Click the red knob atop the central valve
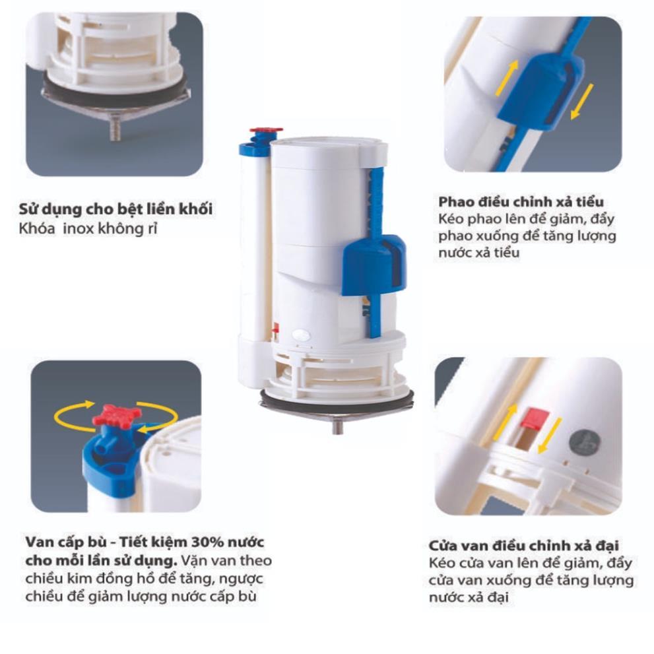click(x=266, y=132)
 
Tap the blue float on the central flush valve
click(x=374, y=263)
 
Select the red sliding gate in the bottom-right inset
click(x=533, y=418)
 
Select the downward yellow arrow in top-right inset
click(x=582, y=102)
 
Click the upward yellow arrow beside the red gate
click(x=505, y=422)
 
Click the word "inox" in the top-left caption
click(x=79, y=229)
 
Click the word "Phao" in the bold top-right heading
click(x=456, y=202)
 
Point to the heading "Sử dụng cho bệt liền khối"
click(x=115, y=209)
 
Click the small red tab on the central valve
click(x=275, y=327)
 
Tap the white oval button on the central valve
click(x=302, y=334)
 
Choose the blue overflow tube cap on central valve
click(x=252, y=147)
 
